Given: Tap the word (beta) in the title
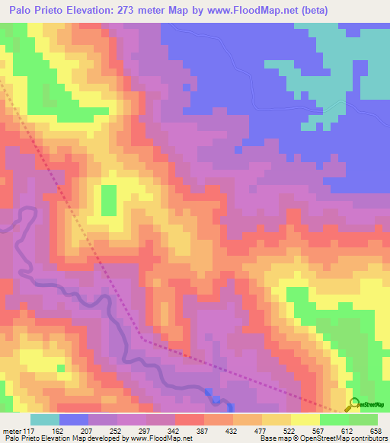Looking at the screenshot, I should pyautogui.click(x=365, y=11).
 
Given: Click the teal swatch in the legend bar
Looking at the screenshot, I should pyautogui.click(x=45, y=419).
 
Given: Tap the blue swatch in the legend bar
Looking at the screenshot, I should pyautogui.click(x=74, y=419).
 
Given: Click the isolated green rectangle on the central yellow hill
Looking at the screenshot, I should pyautogui.click(x=110, y=199).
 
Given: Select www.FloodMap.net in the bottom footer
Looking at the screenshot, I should pyautogui.click(x=161, y=438).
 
